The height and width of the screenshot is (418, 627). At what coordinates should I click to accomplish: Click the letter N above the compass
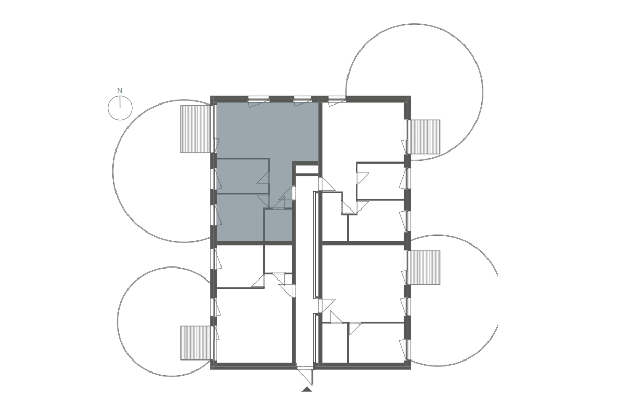click(120, 91)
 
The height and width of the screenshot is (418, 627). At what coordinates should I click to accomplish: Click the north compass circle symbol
click(120, 108)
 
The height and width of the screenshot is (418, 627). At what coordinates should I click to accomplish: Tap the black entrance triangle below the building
click(307, 389)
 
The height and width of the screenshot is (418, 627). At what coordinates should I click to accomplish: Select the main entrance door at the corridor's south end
click(305, 375)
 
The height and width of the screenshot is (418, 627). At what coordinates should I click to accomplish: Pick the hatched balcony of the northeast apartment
click(425, 136)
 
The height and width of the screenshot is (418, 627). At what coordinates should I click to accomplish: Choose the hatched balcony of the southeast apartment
click(425, 268)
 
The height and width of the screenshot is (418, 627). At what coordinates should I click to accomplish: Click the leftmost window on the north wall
click(258, 98)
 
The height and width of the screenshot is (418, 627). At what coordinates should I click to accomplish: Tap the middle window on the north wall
click(303, 98)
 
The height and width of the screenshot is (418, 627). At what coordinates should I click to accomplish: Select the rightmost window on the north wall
click(337, 98)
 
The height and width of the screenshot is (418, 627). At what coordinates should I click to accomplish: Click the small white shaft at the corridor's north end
click(307, 170)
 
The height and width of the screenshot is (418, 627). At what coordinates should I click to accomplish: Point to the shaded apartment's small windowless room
click(278, 225)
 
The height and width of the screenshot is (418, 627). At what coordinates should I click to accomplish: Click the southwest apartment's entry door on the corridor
click(287, 291)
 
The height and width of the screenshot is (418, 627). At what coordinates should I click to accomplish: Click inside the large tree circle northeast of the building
click(414, 92)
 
